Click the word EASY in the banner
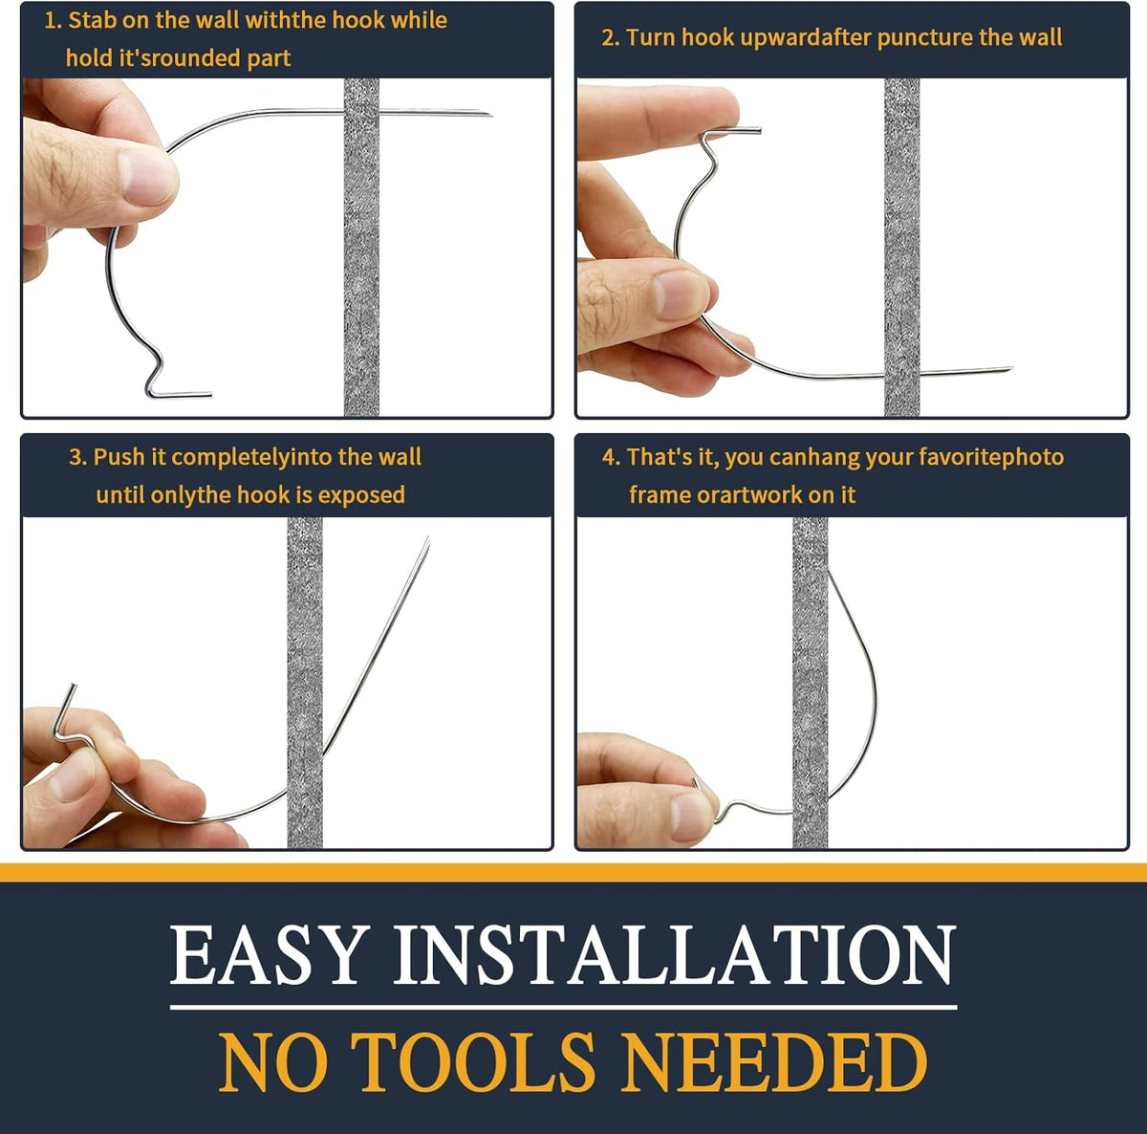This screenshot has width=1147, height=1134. [x=269, y=955]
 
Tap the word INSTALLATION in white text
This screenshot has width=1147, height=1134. [x=674, y=955]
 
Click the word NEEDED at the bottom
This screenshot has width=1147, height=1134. [x=774, y=1062]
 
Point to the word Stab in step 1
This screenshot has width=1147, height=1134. [x=93, y=20]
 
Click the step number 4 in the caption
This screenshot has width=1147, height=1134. [x=609, y=457]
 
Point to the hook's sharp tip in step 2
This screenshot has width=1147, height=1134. [x=1007, y=369]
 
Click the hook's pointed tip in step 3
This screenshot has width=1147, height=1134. [x=426, y=541]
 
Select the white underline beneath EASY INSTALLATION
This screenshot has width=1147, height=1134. [x=563, y=1006]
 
